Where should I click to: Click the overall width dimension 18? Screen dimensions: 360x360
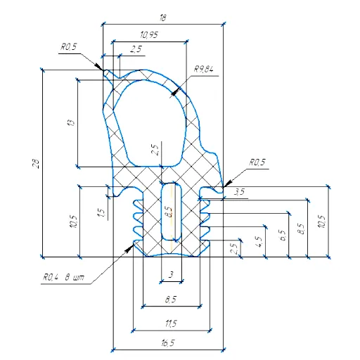point(162,18)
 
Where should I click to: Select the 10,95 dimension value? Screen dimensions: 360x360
point(149,35)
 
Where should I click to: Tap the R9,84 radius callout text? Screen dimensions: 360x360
point(204,69)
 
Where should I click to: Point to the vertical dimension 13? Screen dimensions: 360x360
point(72,122)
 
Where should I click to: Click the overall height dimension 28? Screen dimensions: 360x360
point(37,164)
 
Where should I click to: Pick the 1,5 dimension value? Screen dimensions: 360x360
point(102,212)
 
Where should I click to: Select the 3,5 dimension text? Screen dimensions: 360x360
point(239,192)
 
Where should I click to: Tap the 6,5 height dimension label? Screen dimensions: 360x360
point(283,235)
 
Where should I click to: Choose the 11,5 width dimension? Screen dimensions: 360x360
point(171,323)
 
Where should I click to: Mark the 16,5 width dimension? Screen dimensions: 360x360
point(168,343)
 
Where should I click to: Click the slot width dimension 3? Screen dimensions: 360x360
point(171,274)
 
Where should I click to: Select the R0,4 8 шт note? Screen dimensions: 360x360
point(63,278)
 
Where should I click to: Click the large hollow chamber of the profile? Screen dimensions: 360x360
point(150,122)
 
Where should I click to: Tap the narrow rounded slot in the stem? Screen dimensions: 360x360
point(172,212)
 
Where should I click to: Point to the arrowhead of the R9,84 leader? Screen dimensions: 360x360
point(174,94)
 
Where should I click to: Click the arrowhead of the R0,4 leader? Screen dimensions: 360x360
point(129,248)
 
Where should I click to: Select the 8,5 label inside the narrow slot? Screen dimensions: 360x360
point(169,212)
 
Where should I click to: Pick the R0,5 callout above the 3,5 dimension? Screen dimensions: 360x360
point(257,162)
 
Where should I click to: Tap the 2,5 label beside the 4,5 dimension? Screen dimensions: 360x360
point(233,248)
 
